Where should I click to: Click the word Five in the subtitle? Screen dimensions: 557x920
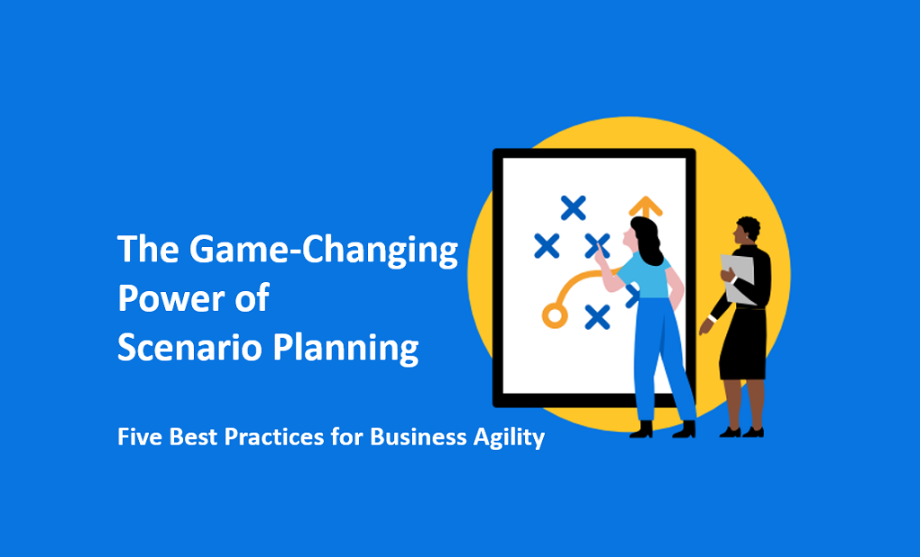pyautogui.click(x=137, y=438)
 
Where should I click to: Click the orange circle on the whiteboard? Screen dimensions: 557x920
pyautogui.click(x=555, y=315)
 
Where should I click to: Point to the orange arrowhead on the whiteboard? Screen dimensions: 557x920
pyautogui.click(x=645, y=206)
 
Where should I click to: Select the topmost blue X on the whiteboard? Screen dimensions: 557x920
pyautogui.click(x=574, y=208)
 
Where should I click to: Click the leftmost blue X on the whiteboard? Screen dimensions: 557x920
pyautogui.click(x=547, y=245)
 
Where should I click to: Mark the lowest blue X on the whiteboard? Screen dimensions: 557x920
pyautogui.click(x=597, y=316)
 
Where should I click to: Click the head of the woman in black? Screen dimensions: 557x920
pyautogui.click(x=747, y=231)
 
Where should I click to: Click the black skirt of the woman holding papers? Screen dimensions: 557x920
pyautogui.click(x=743, y=346)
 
